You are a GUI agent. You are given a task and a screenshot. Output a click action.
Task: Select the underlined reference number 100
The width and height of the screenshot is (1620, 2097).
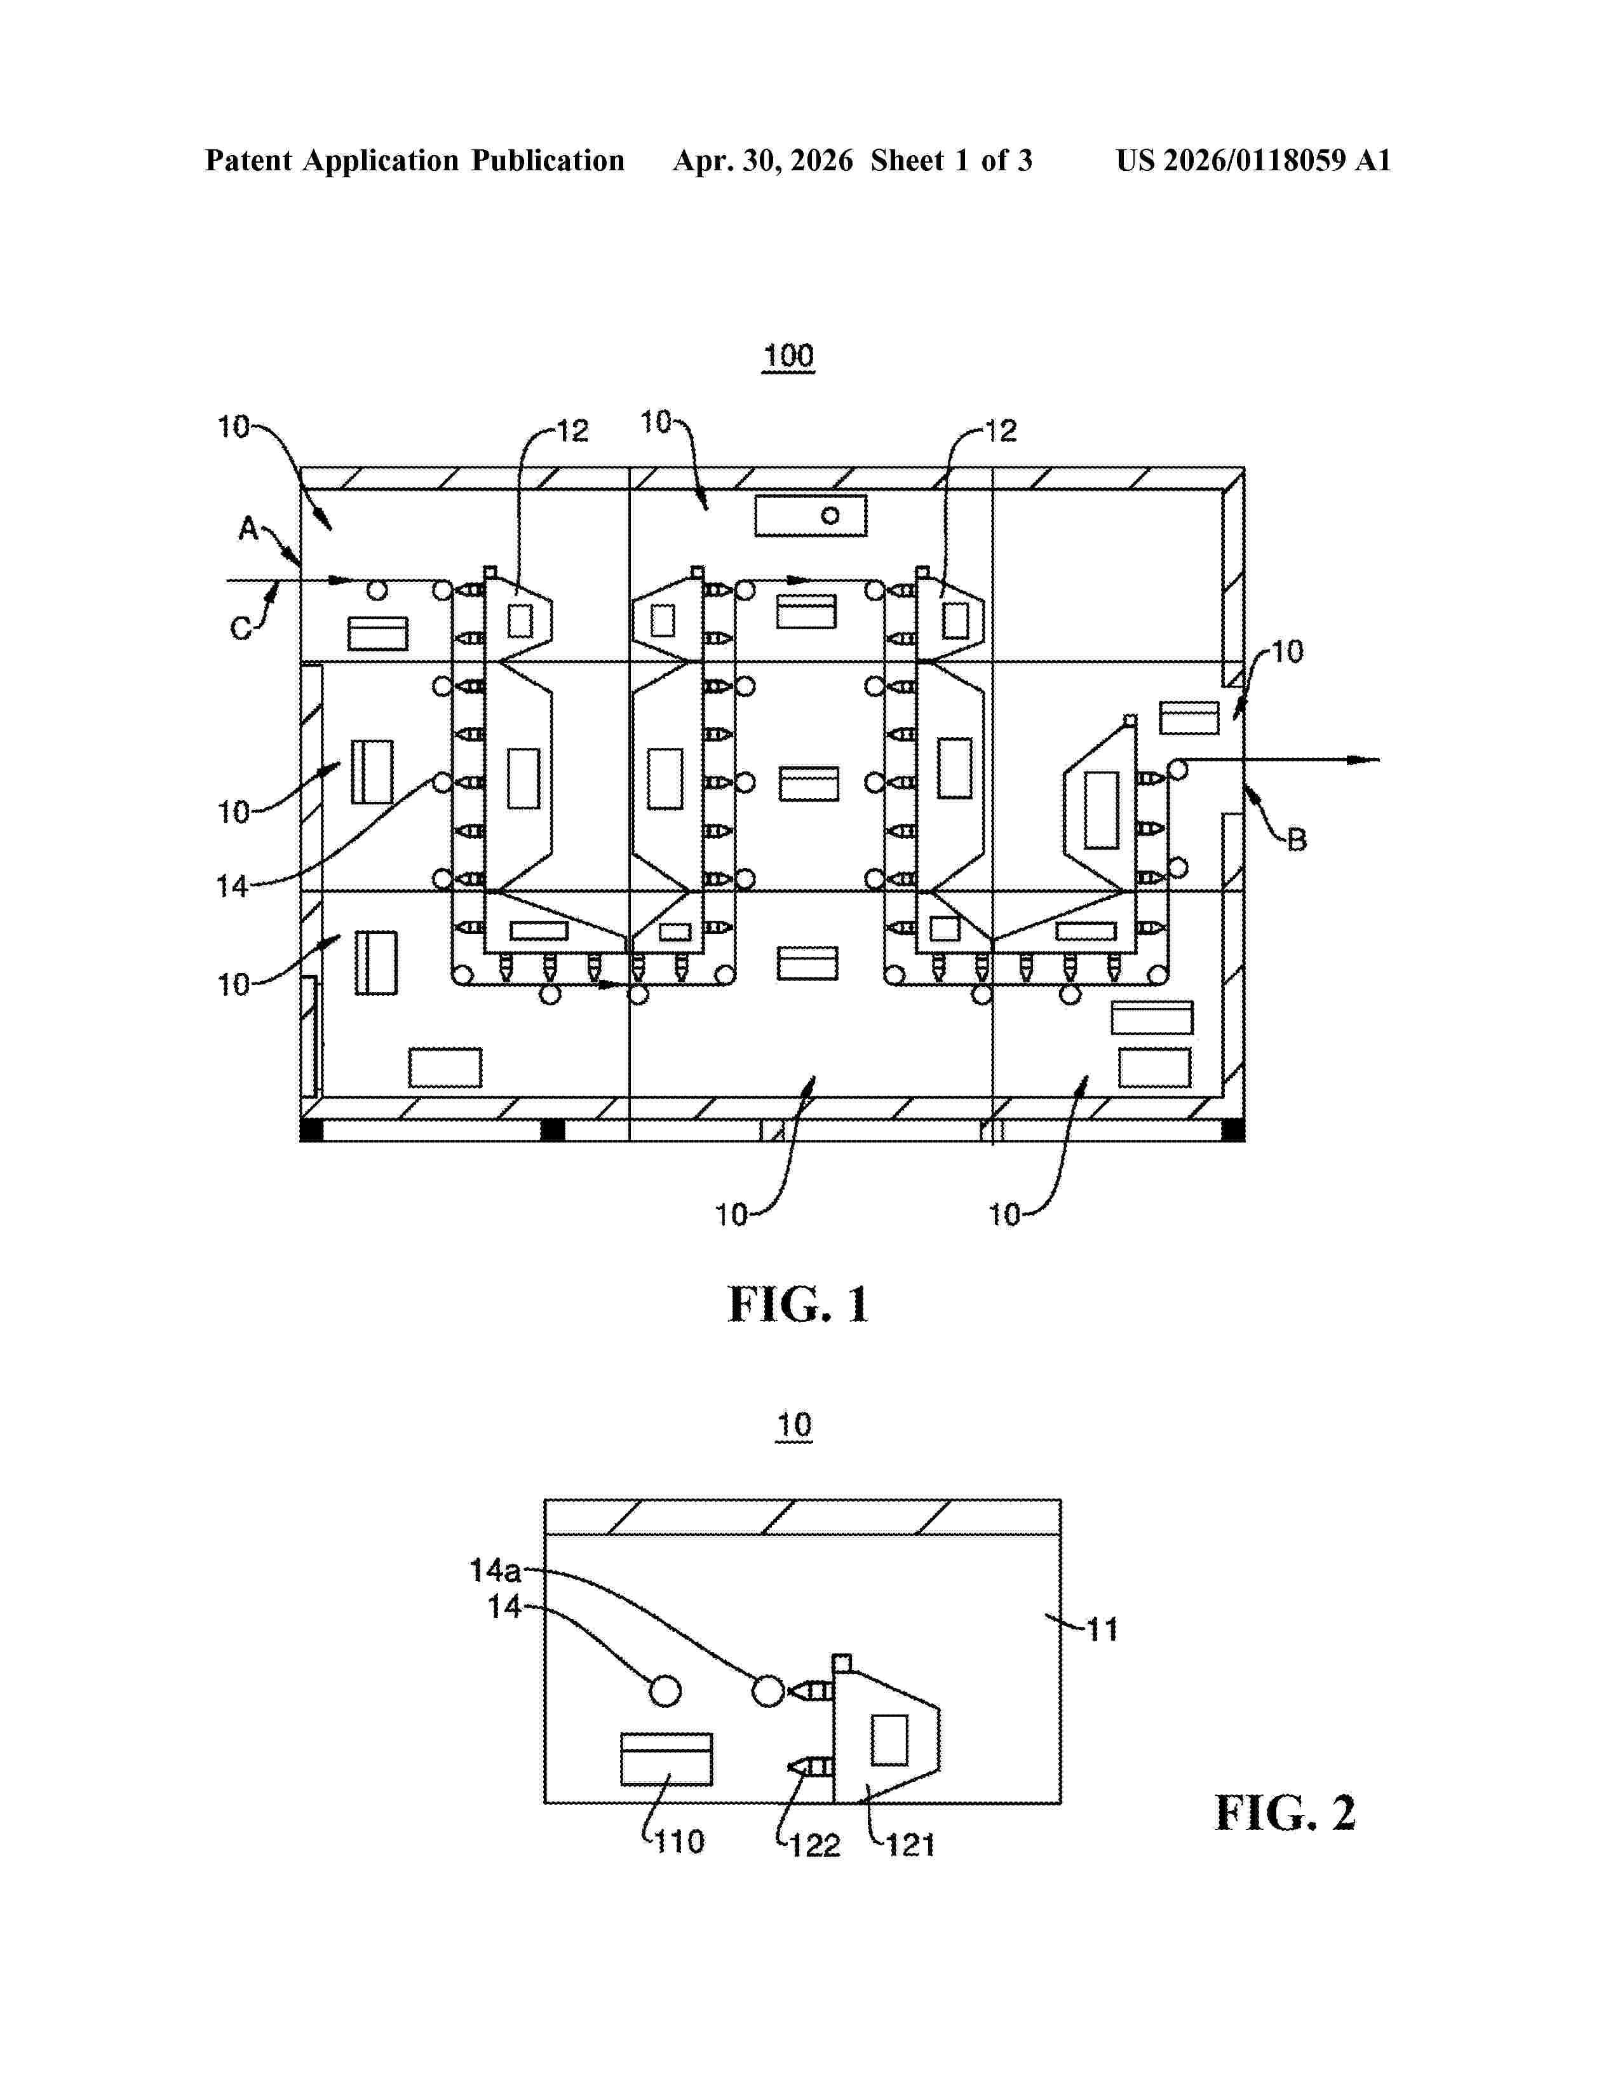pyautogui.click(x=788, y=356)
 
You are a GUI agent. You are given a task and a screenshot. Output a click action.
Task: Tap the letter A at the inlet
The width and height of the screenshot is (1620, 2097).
pyautogui.click(x=248, y=528)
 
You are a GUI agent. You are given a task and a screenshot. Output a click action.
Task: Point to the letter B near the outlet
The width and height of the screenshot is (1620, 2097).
pyautogui.click(x=1297, y=839)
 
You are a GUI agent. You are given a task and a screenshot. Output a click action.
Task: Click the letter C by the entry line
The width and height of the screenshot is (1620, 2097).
pyautogui.click(x=241, y=629)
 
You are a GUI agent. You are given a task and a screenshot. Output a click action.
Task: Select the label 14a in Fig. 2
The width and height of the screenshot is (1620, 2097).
pyautogui.click(x=496, y=1571)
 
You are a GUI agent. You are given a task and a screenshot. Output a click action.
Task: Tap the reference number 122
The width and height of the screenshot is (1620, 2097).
pyautogui.click(x=814, y=1845)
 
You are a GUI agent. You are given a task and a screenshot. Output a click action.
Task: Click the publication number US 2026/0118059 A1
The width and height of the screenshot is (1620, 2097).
pyautogui.click(x=1253, y=160)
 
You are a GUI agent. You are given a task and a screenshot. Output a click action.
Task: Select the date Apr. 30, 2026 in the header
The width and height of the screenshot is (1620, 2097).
pyautogui.click(x=763, y=160)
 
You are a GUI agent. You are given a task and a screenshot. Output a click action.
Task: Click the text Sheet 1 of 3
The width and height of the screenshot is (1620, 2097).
pyautogui.click(x=951, y=160)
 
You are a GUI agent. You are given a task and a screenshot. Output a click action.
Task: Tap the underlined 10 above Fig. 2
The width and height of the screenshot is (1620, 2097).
pyautogui.click(x=793, y=1425)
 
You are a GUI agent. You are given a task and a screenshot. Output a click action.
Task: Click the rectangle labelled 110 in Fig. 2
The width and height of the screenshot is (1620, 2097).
pyautogui.click(x=666, y=1759)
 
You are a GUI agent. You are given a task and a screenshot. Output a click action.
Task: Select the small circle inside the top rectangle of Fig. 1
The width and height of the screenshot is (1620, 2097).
pyautogui.click(x=830, y=515)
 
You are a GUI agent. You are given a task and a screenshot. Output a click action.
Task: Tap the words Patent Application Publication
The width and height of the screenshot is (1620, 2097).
pyautogui.click(x=415, y=160)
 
